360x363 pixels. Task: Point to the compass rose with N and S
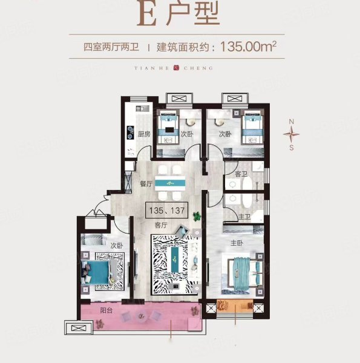(291, 134)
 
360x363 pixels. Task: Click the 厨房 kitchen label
(143, 135)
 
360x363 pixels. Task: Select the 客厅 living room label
(177, 225)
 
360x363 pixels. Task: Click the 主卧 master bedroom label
(237, 243)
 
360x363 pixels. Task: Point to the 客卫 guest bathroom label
(240, 174)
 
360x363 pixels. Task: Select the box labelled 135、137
(166, 211)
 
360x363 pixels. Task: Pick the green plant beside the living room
(196, 215)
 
